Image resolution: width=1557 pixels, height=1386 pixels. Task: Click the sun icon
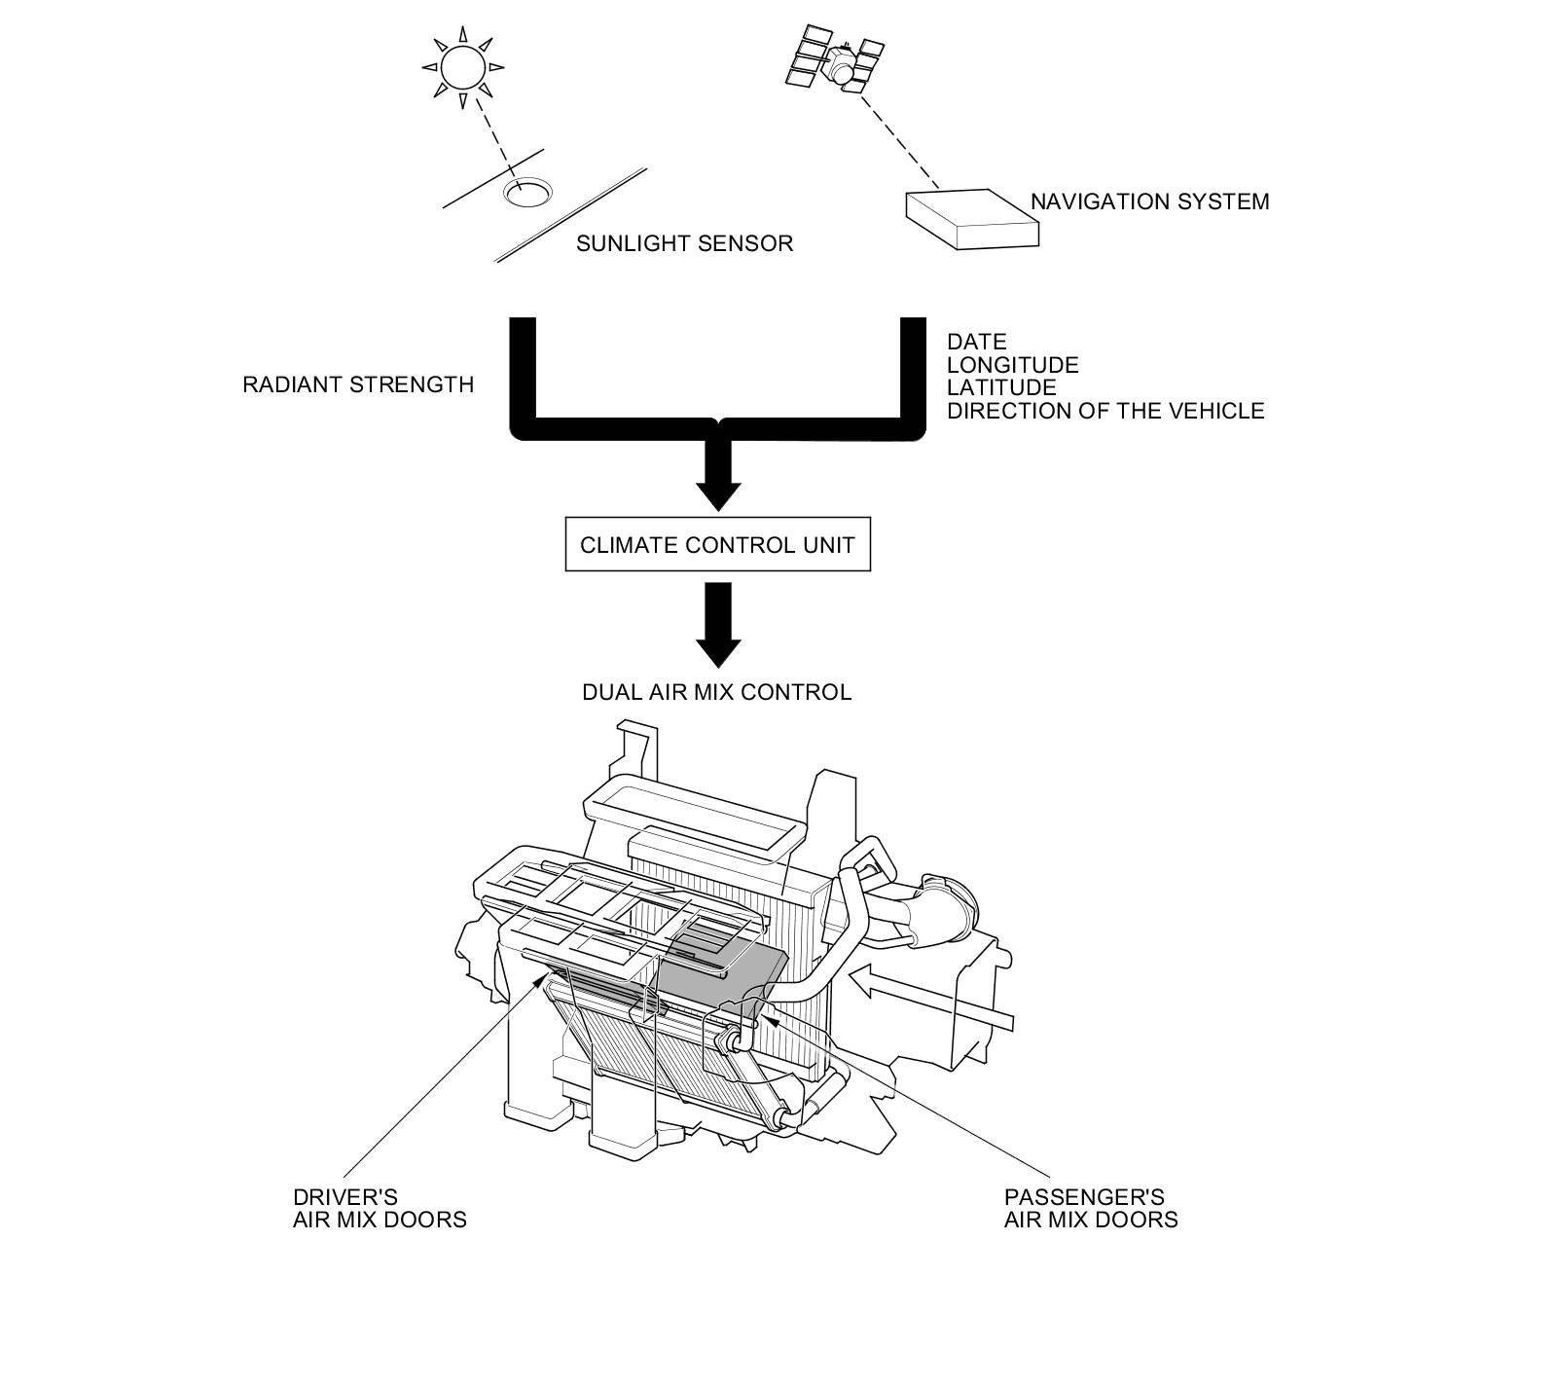click(x=462, y=67)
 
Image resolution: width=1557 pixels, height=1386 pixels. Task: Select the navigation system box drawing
click(x=972, y=219)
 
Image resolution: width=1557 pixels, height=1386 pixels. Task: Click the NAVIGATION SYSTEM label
click(x=1149, y=201)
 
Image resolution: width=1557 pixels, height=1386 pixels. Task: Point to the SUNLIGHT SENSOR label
click(x=684, y=243)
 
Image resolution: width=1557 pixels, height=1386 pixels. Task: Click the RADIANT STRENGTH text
click(x=358, y=384)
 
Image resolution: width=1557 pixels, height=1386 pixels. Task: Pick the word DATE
click(x=977, y=342)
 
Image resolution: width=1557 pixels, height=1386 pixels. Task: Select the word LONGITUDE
click(x=1013, y=365)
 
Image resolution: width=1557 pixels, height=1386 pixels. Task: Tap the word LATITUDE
click(x=1001, y=387)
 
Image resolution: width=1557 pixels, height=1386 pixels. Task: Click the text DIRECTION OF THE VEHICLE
click(x=1105, y=411)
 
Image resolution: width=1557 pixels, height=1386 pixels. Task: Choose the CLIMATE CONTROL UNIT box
click(x=717, y=545)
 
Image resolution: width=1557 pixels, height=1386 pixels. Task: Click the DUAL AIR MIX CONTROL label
click(x=716, y=692)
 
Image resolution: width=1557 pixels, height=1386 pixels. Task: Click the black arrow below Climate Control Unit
click(x=719, y=625)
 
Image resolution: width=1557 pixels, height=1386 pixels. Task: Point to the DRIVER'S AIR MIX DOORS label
click(x=380, y=1208)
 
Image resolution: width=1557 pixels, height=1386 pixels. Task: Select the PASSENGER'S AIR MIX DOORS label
click(x=1091, y=1208)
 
